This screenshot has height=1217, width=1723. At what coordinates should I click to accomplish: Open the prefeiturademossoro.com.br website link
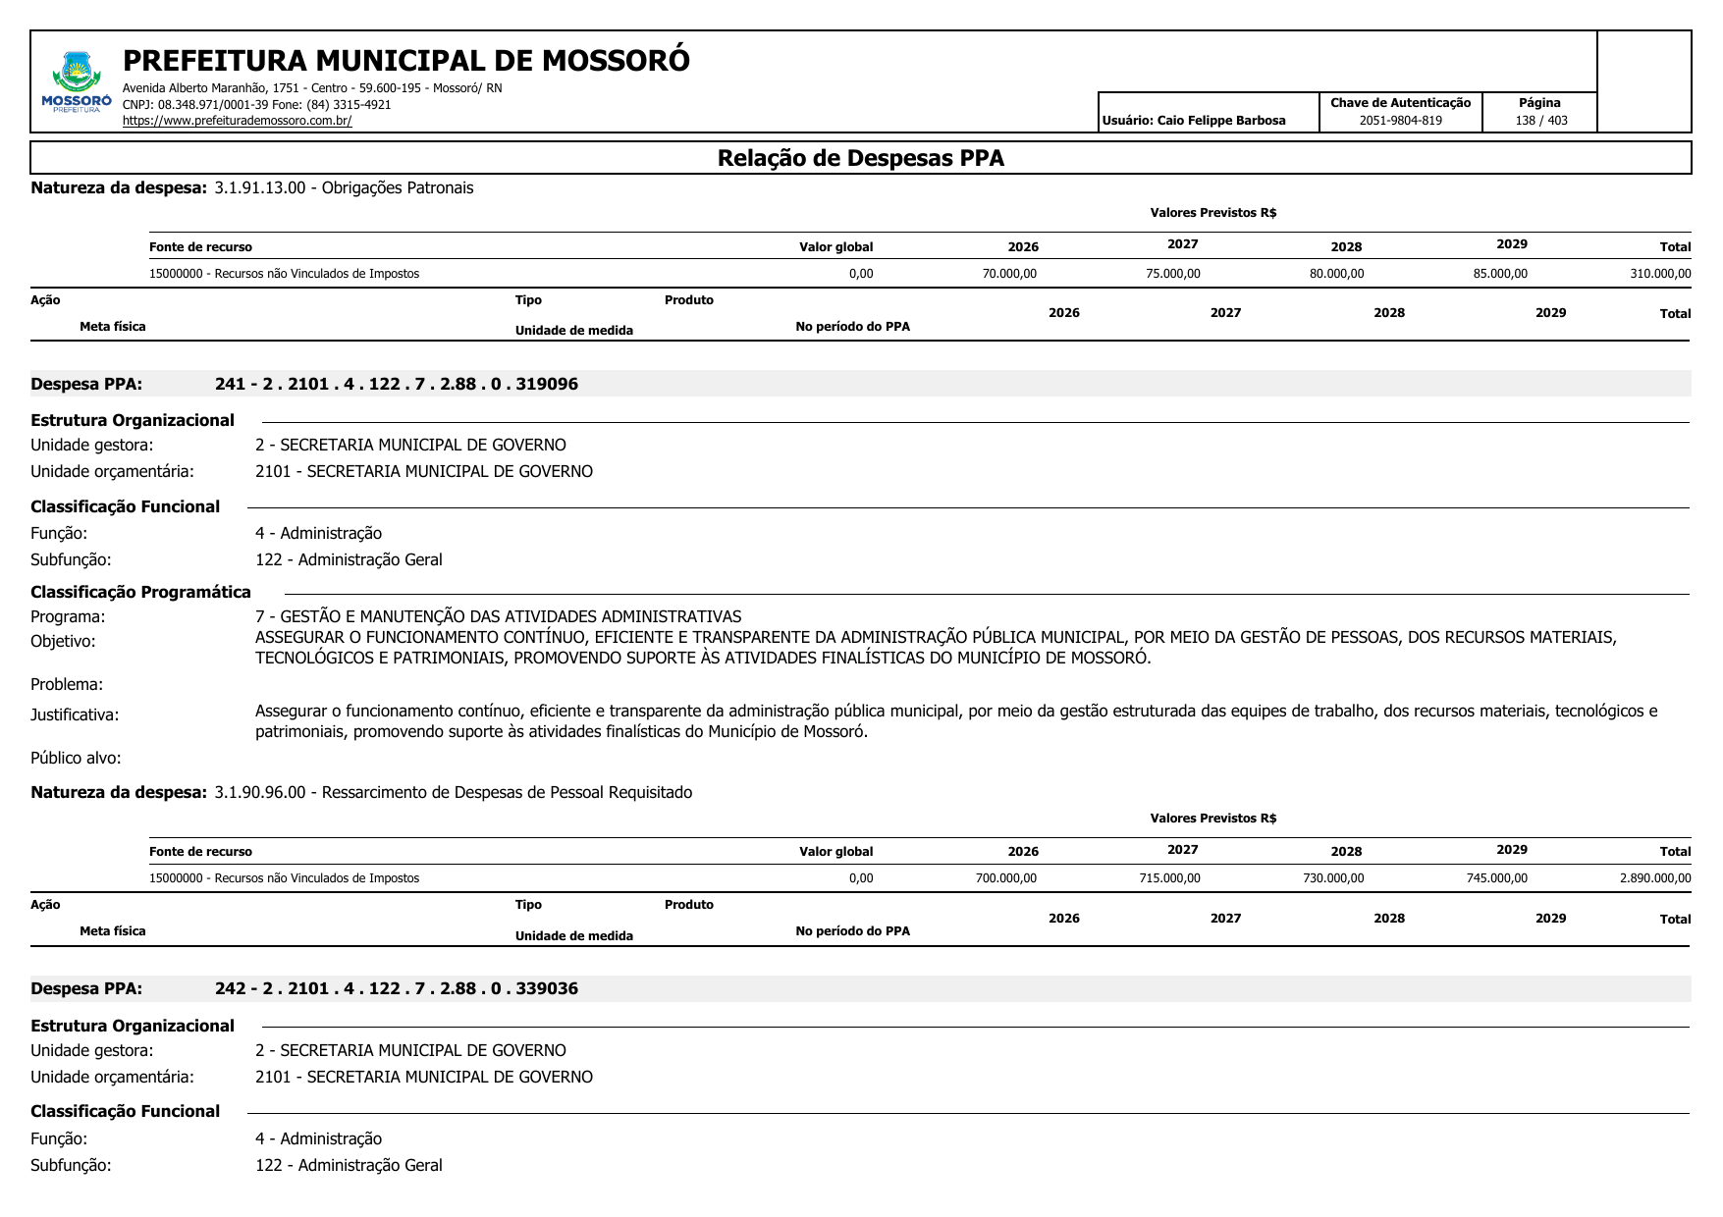(x=237, y=121)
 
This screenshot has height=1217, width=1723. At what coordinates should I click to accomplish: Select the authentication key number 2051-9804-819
(x=1400, y=121)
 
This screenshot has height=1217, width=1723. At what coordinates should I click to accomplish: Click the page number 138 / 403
(x=1540, y=121)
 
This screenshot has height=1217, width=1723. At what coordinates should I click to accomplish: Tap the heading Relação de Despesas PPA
(x=860, y=158)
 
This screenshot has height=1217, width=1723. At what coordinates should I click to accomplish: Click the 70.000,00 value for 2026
(x=1009, y=274)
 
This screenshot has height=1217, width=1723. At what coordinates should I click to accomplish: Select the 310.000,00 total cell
(x=1660, y=274)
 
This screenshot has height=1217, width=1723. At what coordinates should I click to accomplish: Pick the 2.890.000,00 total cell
(x=1655, y=878)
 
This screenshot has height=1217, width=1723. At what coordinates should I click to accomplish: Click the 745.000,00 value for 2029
(x=1496, y=878)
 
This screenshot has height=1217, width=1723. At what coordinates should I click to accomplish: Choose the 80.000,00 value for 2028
(x=1336, y=274)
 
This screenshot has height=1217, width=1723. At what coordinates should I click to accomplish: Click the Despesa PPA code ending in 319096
(x=397, y=384)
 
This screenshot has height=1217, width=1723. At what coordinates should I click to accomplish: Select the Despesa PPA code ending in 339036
(x=397, y=988)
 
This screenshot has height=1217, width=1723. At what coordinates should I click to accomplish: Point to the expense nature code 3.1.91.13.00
(x=260, y=187)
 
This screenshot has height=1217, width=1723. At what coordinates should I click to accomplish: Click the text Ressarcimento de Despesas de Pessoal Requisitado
(x=507, y=792)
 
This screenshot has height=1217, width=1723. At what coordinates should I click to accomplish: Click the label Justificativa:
(x=75, y=714)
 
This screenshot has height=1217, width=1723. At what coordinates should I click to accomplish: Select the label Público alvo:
(x=76, y=758)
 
